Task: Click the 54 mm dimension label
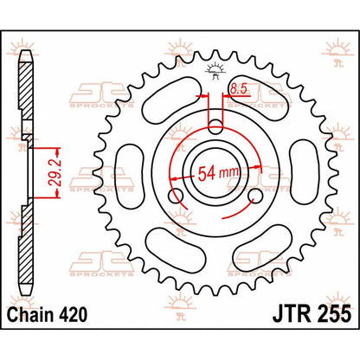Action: (x=219, y=173)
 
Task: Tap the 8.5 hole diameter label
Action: (x=238, y=89)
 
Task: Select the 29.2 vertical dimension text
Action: (x=51, y=173)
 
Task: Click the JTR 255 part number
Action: (x=312, y=314)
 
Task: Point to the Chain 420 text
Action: (x=47, y=314)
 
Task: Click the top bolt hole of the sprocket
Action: (x=215, y=127)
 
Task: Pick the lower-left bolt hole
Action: (x=176, y=196)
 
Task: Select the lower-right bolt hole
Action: (x=255, y=196)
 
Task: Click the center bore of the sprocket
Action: (x=215, y=173)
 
